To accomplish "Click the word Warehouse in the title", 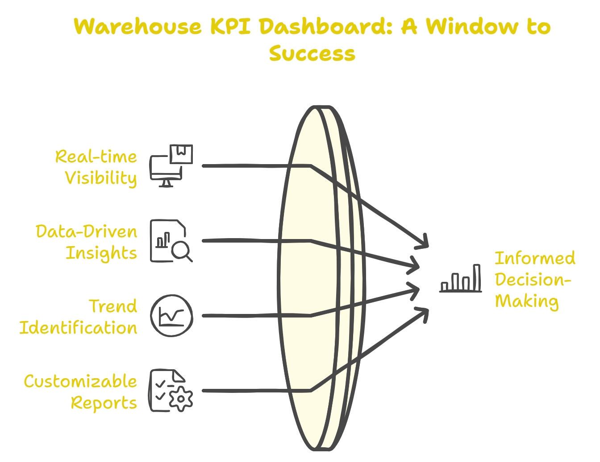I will pos(138,27).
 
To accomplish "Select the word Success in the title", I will pos(312,54).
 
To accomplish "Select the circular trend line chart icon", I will pos(171,315).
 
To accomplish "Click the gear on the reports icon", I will pos(180,398).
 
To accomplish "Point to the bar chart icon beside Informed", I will pos(461,279).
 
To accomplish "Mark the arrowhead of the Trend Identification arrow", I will pos(415,290).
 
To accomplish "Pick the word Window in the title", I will pos(472,27).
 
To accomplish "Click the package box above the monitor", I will pos(181,154).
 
